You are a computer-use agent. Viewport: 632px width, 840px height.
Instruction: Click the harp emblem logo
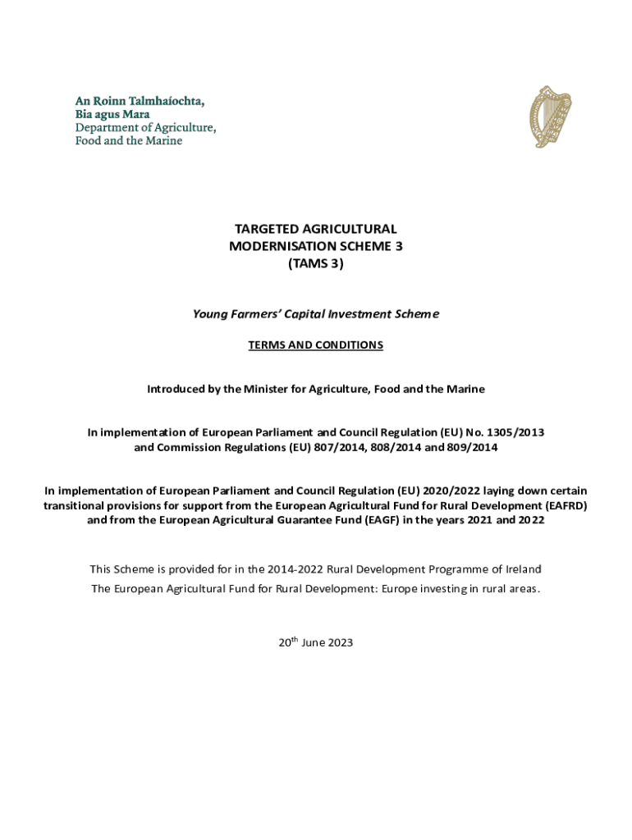coord(550,116)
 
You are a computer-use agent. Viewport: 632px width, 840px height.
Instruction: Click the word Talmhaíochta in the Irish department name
coord(164,101)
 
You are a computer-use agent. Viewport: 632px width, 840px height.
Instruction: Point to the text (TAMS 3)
coord(315,263)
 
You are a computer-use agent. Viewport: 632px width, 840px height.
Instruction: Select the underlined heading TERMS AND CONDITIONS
coord(315,345)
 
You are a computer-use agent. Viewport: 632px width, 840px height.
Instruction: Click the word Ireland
coord(521,568)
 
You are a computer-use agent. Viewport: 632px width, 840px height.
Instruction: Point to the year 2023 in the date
coord(340,642)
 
